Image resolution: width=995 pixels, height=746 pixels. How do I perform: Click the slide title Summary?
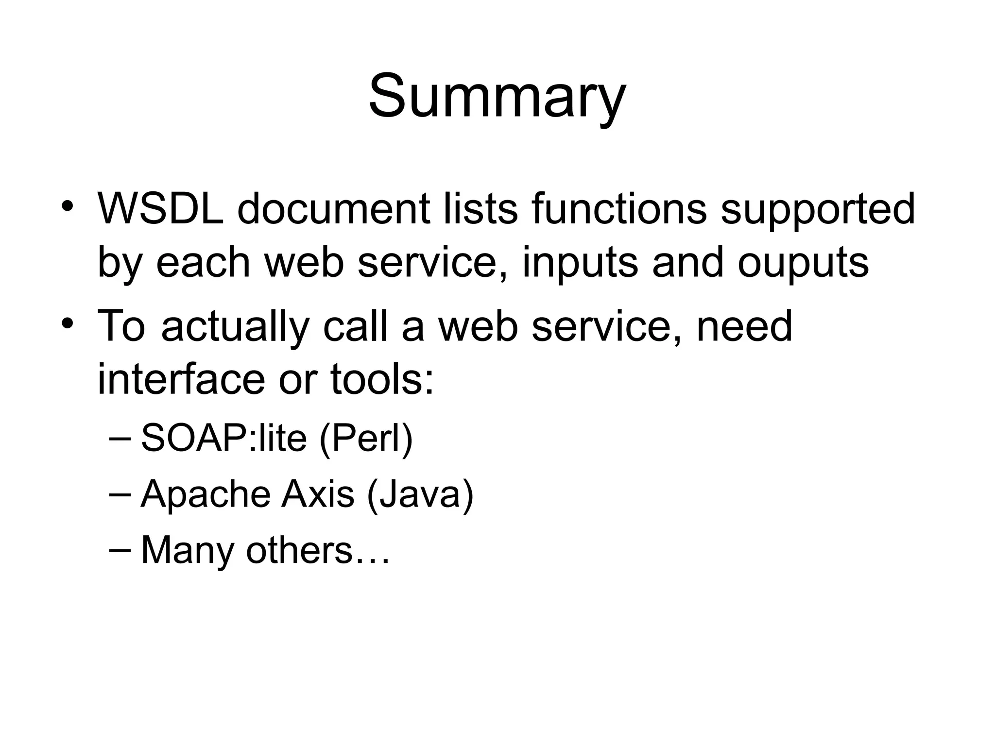pos(497,96)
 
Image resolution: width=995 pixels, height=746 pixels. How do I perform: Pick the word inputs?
pos(580,264)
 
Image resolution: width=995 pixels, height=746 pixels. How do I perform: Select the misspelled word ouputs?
pos(803,264)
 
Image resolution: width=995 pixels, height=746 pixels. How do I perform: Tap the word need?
pos(744,326)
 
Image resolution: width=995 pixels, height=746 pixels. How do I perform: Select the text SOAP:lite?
pos(223,438)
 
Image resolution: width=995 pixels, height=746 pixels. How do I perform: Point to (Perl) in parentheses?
pos(366,438)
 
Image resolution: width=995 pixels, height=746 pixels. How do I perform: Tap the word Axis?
pos(318,494)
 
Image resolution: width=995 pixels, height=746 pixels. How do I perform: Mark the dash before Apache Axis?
pos(120,494)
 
